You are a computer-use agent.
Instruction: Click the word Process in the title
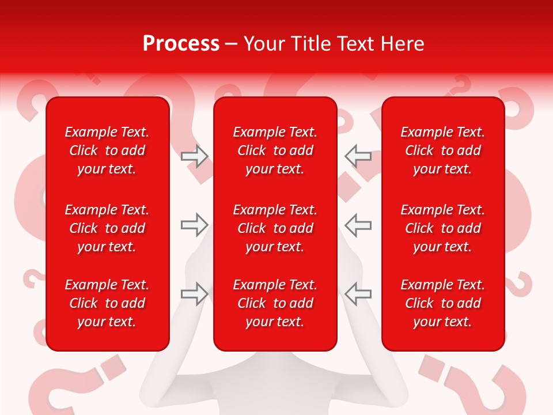pyautogui.click(x=181, y=43)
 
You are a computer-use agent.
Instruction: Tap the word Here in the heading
pyautogui.click(x=402, y=43)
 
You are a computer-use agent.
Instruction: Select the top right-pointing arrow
pyautogui.click(x=194, y=156)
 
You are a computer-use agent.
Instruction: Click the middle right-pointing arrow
pyautogui.click(x=194, y=225)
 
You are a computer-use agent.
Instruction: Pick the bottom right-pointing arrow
pyautogui.click(x=194, y=293)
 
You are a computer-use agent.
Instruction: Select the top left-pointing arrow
pyautogui.click(x=358, y=156)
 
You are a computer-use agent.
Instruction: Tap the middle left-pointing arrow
pyautogui.click(x=358, y=225)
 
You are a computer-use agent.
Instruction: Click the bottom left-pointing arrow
pyautogui.click(x=358, y=293)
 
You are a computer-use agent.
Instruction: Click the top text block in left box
pyautogui.click(x=107, y=150)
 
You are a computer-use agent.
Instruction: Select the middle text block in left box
pyautogui.click(x=107, y=228)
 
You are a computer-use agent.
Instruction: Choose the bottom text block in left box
pyautogui.click(x=107, y=303)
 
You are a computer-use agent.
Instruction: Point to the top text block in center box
pyautogui.click(x=275, y=150)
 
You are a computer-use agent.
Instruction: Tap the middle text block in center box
pyautogui.click(x=275, y=228)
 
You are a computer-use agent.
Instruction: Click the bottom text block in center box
pyautogui.click(x=275, y=303)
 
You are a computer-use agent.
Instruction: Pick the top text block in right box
pyautogui.click(x=442, y=150)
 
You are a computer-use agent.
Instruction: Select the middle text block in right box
pyautogui.click(x=442, y=228)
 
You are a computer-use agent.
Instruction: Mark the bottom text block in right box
pyautogui.click(x=442, y=303)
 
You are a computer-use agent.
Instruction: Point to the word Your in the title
pyautogui.click(x=263, y=43)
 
